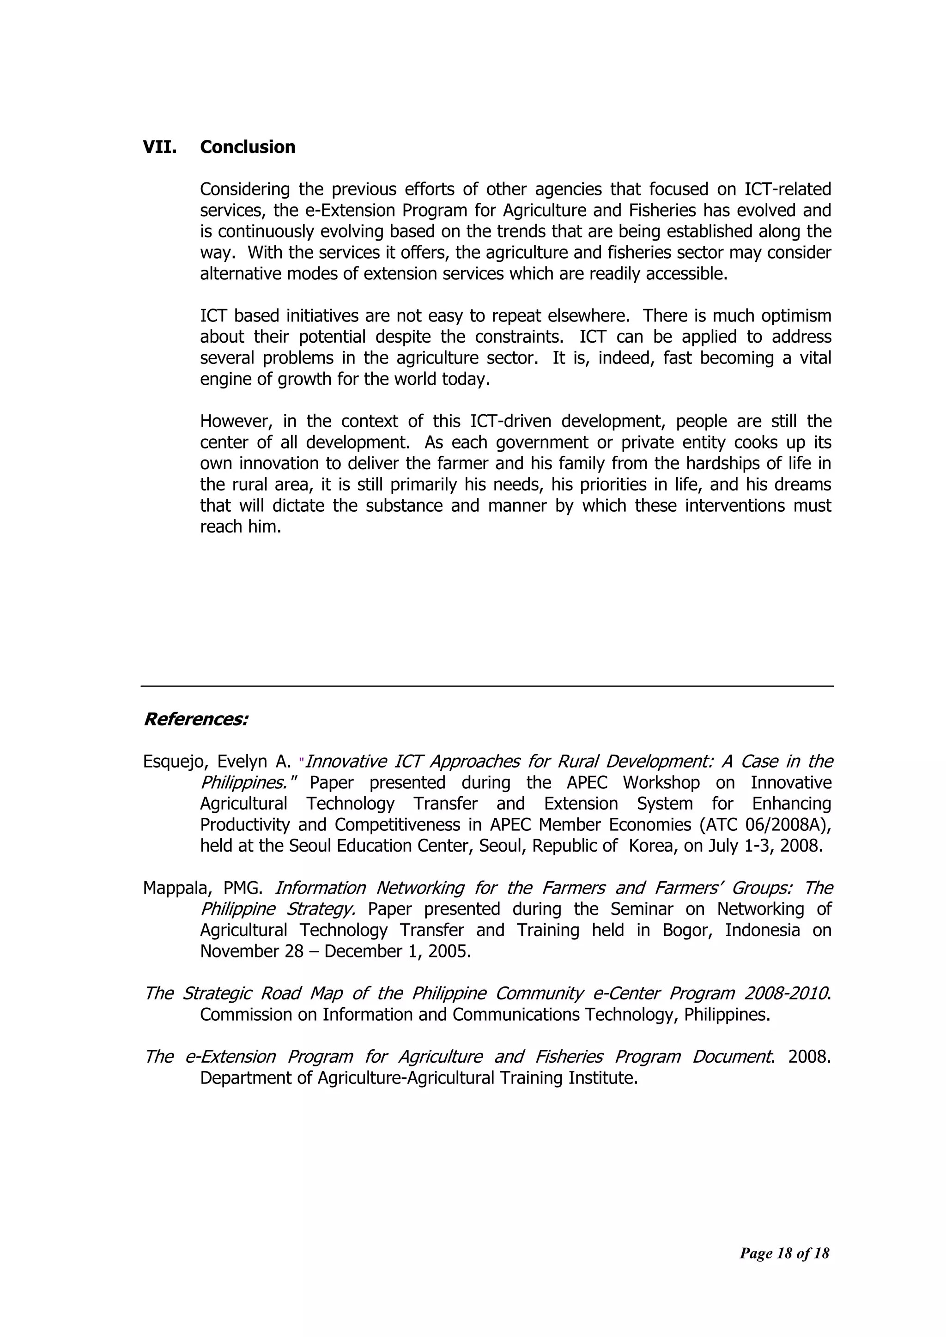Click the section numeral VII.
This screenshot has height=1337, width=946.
point(160,147)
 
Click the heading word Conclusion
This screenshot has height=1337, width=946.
point(248,147)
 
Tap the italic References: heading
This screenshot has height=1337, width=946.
point(196,720)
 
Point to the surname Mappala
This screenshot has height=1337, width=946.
point(176,888)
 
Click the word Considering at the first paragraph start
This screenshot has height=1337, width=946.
point(245,190)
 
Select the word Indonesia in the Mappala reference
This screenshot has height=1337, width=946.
point(763,931)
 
